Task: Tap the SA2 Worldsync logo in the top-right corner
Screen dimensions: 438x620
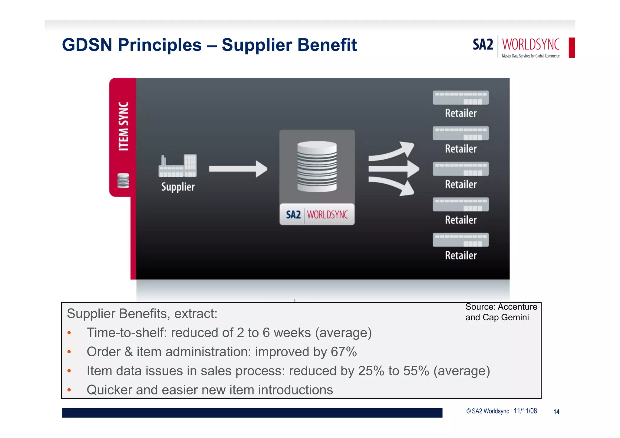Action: [x=516, y=47]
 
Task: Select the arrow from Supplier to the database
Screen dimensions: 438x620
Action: [x=238, y=169]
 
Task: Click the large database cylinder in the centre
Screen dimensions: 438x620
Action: [x=317, y=166]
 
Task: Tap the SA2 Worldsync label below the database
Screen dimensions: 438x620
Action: [x=317, y=214]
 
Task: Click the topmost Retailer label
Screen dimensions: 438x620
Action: [x=461, y=113]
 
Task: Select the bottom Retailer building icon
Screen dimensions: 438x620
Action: [x=461, y=240]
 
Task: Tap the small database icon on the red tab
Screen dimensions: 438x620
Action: [x=123, y=181]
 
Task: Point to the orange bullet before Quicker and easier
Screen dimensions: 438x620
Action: [x=69, y=390]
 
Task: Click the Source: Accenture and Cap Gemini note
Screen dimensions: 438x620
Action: [x=501, y=312]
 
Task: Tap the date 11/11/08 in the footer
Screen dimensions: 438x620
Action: [x=525, y=411]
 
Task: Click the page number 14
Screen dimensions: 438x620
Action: [x=556, y=412]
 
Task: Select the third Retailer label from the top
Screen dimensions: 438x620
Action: [x=461, y=184]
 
